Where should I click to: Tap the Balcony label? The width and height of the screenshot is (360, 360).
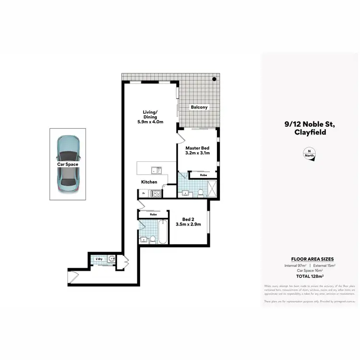point(199,108)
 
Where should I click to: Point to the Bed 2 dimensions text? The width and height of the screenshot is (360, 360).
point(188,224)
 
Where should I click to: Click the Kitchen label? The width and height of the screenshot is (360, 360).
point(149,182)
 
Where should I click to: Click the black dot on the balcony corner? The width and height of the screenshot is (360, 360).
point(215,79)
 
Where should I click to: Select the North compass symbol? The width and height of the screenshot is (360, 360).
point(309,155)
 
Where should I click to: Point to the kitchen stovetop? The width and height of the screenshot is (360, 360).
point(156,193)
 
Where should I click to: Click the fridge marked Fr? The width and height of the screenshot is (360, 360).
point(144,193)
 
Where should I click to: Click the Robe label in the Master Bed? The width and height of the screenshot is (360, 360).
point(203,176)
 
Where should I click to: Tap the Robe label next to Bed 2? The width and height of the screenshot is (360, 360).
point(153,215)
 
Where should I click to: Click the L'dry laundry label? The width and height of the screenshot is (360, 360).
point(99,259)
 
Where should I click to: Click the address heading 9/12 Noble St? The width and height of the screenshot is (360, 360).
point(309,124)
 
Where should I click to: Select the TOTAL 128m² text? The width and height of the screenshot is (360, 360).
point(309,276)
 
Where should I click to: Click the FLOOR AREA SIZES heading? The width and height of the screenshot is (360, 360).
point(309,259)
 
